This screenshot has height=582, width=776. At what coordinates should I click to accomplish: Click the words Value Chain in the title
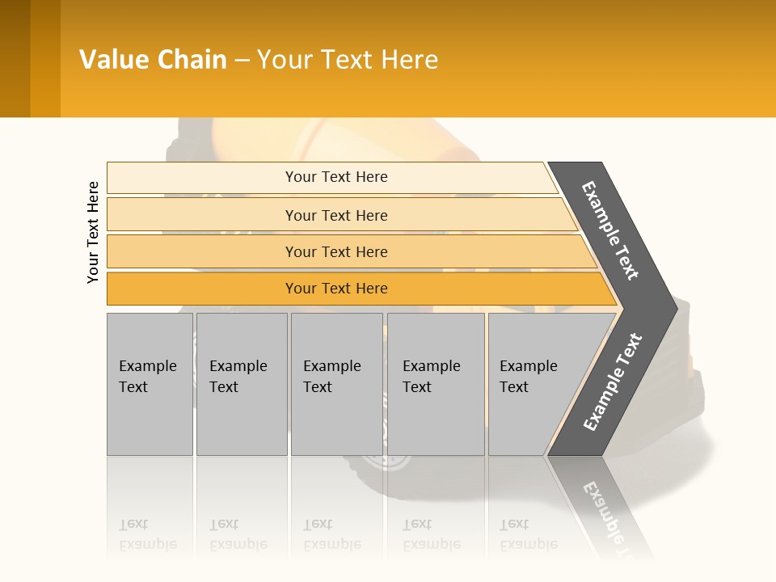point(153,60)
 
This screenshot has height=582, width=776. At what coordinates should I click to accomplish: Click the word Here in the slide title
point(409,60)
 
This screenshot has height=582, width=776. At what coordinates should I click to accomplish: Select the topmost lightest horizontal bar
point(331,177)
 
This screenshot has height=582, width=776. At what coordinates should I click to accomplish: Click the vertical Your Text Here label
point(93,232)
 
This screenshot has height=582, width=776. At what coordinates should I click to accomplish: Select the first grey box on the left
point(150,384)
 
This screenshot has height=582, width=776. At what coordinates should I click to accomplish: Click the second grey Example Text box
point(241,384)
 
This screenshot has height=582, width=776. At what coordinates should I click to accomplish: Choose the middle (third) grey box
point(336,384)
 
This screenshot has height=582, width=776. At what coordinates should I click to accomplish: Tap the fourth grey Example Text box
point(435,384)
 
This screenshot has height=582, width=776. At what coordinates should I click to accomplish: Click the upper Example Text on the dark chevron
point(610,230)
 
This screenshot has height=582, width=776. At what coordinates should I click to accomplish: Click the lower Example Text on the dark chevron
point(612,382)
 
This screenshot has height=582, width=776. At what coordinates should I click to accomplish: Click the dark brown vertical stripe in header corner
point(15,58)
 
